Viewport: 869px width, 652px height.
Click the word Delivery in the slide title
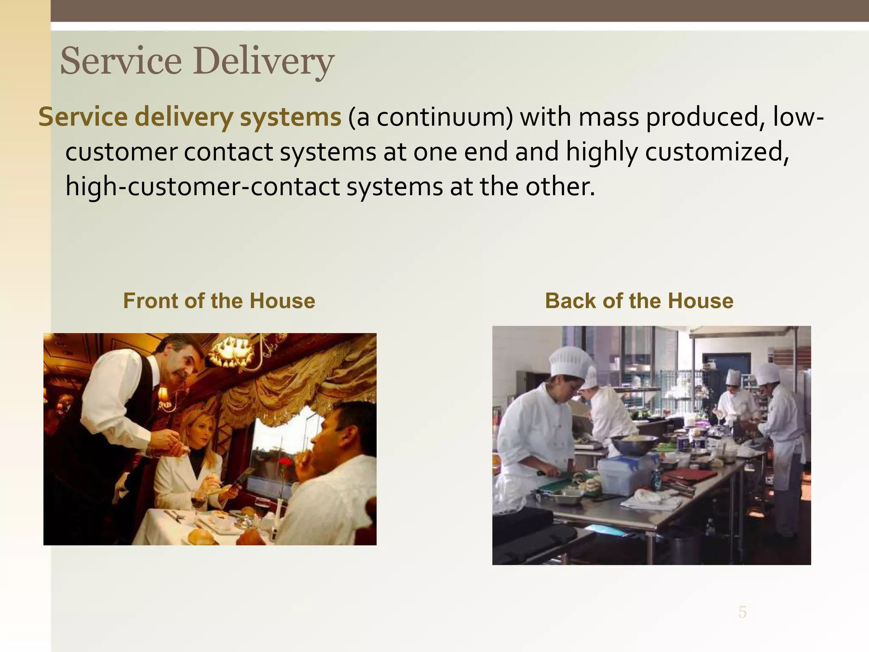(x=264, y=62)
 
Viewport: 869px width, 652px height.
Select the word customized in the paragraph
(x=717, y=152)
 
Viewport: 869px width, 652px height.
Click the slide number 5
(x=742, y=612)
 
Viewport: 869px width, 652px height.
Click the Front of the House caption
(x=219, y=301)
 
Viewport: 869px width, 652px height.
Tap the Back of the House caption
(x=639, y=301)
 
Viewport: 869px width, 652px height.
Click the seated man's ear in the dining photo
(x=343, y=437)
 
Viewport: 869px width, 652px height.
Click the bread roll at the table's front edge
(x=202, y=537)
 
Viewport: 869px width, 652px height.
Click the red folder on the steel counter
(x=690, y=475)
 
